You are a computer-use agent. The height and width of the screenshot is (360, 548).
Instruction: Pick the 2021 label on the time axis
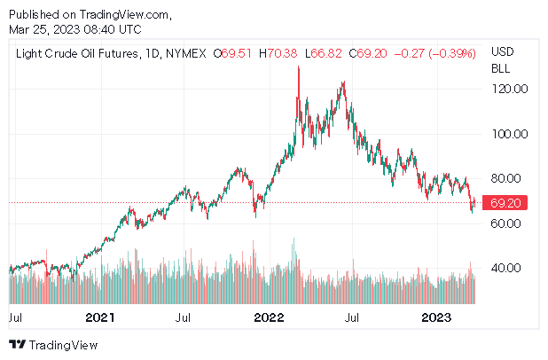point(100,317)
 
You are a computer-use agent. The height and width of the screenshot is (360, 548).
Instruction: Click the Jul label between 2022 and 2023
point(352,317)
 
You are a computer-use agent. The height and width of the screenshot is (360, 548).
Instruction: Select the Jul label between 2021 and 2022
point(184,317)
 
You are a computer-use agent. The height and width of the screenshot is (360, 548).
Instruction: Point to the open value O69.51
point(233,54)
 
